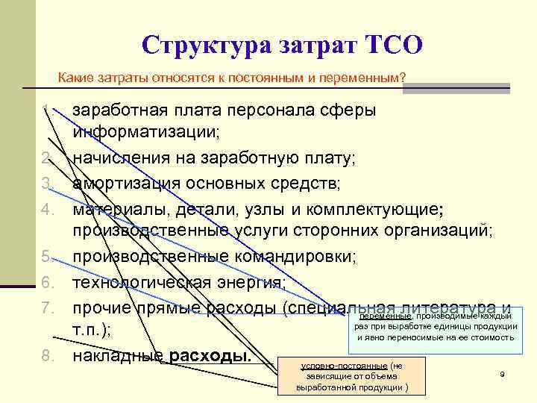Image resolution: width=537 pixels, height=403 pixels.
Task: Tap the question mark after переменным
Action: point(403,77)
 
